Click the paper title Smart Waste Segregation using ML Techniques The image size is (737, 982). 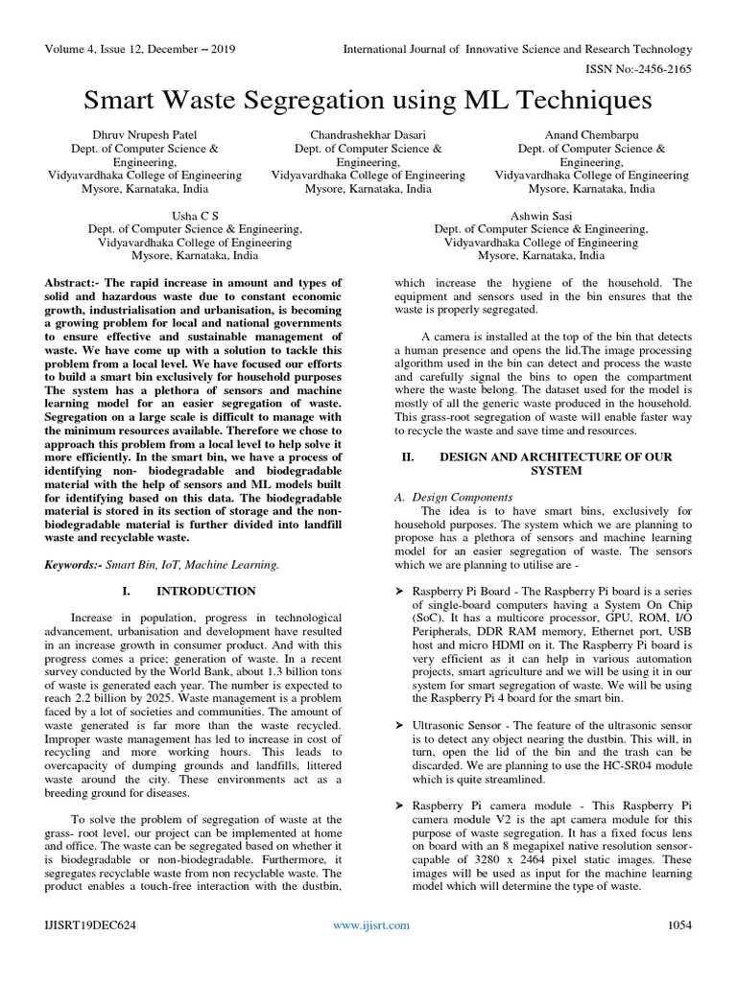pyautogui.click(x=368, y=101)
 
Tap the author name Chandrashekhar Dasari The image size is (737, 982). pyautogui.click(x=368, y=135)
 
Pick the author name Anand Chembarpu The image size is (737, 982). pyautogui.click(x=591, y=135)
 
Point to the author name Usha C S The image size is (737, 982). pyautogui.click(x=195, y=216)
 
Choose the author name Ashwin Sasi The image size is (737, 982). pyautogui.click(x=541, y=216)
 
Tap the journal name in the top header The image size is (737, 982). pyautogui.click(x=518, y=49)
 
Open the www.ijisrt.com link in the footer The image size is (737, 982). pyautogui.click(x=371, y=924)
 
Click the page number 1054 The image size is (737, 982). pyautogui.click(x=679, y=924)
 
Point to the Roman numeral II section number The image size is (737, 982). pyautogui.click(x=407, y=457)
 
